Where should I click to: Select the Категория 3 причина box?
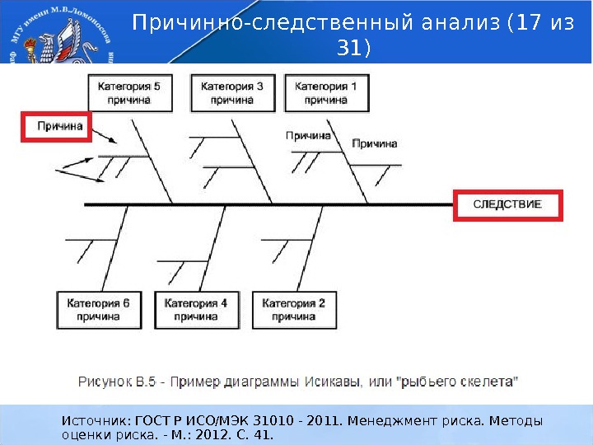tap(231, 91)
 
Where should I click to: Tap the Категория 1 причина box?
tap(325, 91)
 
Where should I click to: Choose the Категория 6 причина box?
tap(98, 309)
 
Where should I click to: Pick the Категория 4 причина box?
tap(196, 309)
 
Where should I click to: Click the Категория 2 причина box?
tap(294, 309)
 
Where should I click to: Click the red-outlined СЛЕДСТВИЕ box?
tap(507, 204)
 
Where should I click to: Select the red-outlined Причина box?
tap(56, 127)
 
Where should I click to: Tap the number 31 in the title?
tap(349, 49)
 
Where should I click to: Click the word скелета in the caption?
tap(488, 382)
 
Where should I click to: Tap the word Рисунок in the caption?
tap(105, 382)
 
